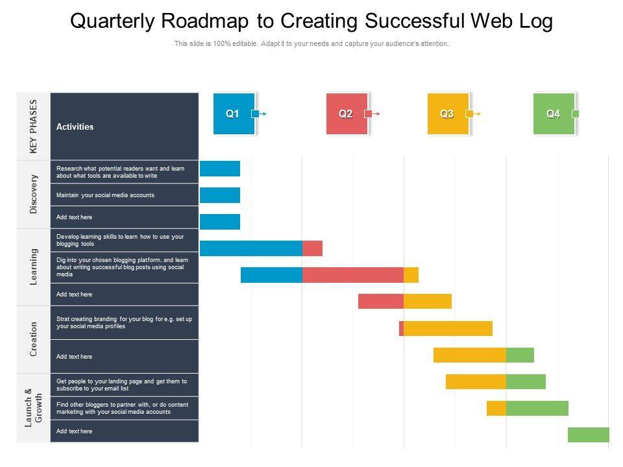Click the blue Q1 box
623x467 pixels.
234,114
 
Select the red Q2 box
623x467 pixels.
347,114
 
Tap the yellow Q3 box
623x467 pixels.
448,114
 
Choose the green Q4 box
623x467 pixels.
554,114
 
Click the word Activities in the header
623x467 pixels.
75,127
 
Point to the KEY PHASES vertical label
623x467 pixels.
34,126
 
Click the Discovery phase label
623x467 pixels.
34,194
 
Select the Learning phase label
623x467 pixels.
34,266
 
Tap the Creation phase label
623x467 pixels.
34,339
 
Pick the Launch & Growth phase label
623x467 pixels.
34,408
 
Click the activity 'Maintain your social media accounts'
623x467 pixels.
106,195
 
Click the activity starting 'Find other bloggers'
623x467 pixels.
122,408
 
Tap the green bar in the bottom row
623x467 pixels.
588,435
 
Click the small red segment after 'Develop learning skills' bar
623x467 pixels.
312,248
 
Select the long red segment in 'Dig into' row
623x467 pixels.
352,275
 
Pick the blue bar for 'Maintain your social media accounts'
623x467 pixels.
220,195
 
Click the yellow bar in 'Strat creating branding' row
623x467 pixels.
448,328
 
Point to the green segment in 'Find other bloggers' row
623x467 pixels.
537,408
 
